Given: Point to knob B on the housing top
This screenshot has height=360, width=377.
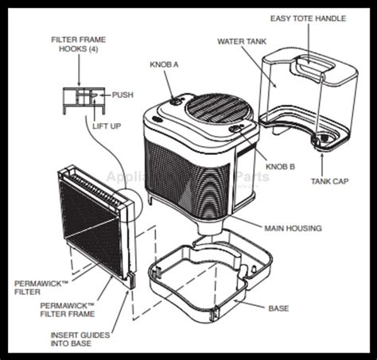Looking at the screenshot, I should (235, 127).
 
